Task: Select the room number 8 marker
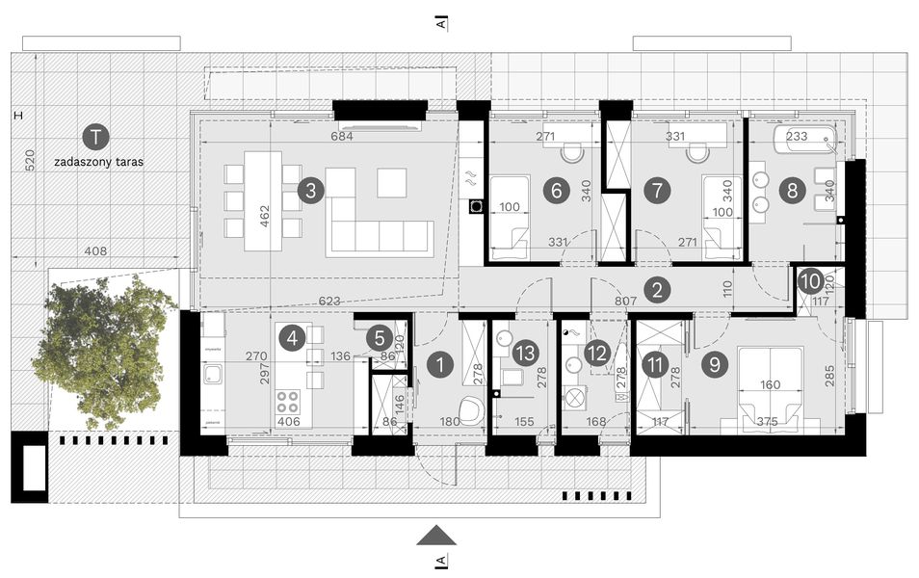792,190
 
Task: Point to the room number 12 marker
596,354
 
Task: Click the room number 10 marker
810,281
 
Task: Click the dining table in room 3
262,201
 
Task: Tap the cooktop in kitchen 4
291,401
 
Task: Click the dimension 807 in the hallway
624,301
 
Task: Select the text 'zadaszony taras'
98,163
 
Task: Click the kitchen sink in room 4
213,375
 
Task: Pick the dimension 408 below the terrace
95,251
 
